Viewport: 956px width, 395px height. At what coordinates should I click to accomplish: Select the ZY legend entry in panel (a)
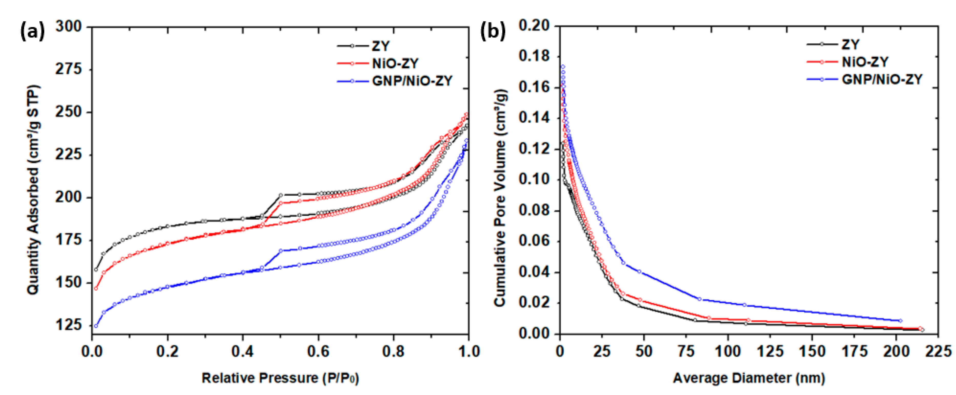(380, 46)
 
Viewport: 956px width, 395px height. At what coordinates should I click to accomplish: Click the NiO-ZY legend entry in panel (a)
(395, 64)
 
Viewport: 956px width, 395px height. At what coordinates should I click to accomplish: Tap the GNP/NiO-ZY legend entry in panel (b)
(882, 79)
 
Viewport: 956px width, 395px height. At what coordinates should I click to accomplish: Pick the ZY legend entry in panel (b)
(850, 45)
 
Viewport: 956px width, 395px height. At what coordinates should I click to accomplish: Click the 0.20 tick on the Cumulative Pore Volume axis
(534, 26)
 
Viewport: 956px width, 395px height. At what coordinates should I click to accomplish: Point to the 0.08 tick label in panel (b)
(534, 211)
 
